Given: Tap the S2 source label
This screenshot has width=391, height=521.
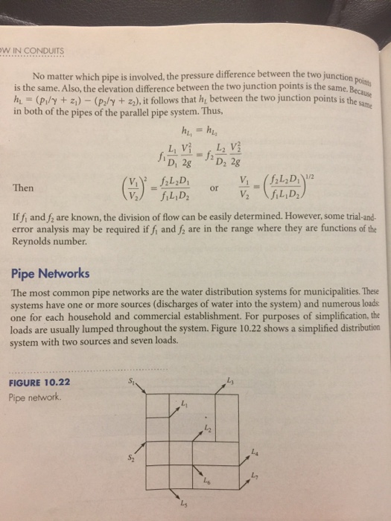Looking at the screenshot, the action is pyautogui.click(x=131, y=459).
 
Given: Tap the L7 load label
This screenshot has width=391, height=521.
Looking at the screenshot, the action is pyautogui.click(x=255, y=476).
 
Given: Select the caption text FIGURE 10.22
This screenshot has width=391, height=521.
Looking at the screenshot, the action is pyautogui.click(x=39, y=383).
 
